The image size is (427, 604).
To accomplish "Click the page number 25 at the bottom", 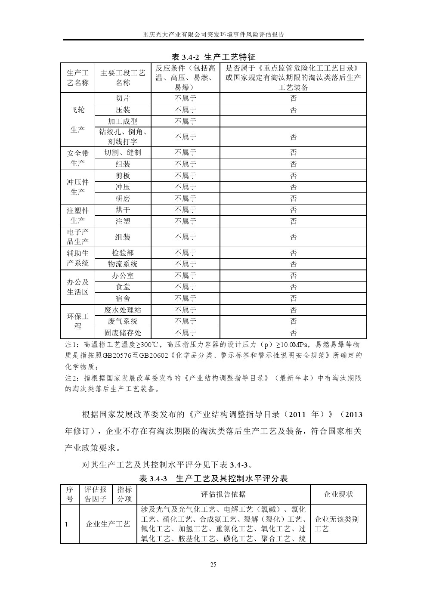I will [213, 564].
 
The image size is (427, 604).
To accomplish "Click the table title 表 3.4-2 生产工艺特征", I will [213, 57].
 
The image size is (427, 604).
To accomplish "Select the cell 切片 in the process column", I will [123, 98].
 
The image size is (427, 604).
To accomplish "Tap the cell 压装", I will [123, 110].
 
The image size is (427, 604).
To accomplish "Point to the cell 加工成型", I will [123, 121].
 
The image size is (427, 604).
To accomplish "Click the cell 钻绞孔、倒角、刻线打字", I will [123, 137].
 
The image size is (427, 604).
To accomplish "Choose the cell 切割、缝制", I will [123, 152].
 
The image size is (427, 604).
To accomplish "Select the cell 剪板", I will [123, 176].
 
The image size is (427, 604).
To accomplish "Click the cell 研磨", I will [123, 198].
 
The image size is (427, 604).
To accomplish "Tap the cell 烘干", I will [123, 210].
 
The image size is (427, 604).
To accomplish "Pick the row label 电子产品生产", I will [77, 237].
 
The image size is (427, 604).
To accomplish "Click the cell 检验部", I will [123, 253].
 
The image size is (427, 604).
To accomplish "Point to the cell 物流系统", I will [123, 264].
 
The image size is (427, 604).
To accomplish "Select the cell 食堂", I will [123, 287].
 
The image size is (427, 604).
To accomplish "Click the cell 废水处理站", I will [123, 310].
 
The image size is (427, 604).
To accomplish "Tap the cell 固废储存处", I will [123, 333].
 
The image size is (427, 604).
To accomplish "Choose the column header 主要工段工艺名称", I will [123, 78].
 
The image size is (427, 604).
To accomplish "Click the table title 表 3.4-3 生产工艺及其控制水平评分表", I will [213, 478].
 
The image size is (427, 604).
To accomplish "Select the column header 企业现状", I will [338, 494].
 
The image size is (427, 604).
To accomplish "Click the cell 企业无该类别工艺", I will [336, 524].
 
